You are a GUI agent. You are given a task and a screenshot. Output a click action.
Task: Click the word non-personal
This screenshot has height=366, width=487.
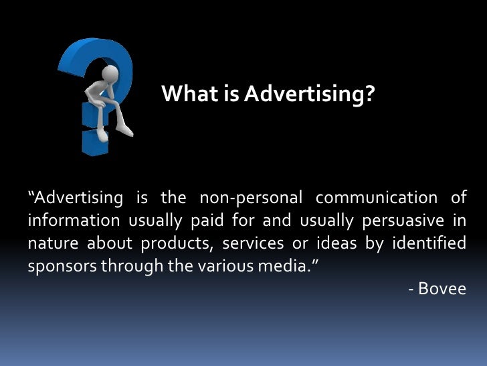tap(250, 198)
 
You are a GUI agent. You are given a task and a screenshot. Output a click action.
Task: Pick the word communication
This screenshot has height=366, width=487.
tap(375, 198)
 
